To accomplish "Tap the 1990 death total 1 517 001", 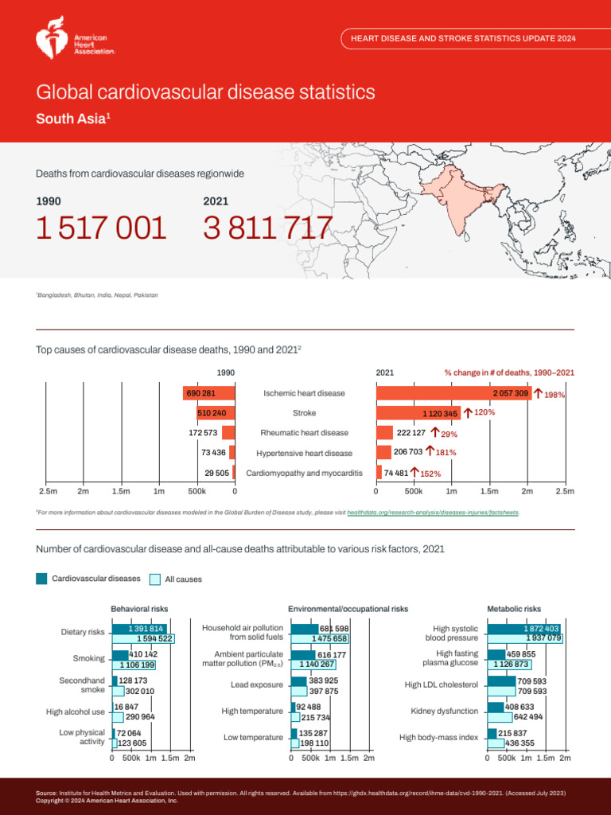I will pos(102,229).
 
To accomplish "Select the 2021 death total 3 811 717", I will pos(267,229).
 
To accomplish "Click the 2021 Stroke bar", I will pos(418,413).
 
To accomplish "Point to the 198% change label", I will pos(555,395).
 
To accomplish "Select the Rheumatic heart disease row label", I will pos(304,433).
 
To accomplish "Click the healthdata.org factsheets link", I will pos(433,513).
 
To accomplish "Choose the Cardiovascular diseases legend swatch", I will pos(42,579).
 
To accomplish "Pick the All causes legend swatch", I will pos(155,579).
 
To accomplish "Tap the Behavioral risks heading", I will pos(138,609).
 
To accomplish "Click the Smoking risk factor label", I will pos(88,658).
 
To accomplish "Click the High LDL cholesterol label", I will pos(441,684).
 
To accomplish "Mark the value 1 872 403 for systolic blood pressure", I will pos(541,629).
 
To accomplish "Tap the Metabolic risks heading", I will pos(513,609).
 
